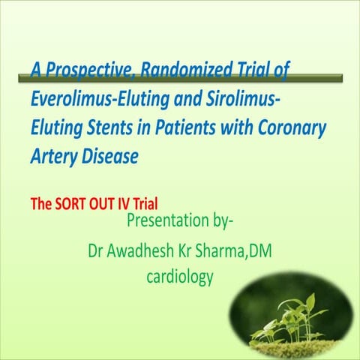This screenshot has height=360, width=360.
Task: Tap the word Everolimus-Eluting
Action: (x=100, y=98)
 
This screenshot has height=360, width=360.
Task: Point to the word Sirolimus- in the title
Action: (x=243, y=97)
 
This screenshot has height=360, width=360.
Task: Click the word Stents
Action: (x=109, y=127)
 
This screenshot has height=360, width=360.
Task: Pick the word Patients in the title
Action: (x=185, y=127)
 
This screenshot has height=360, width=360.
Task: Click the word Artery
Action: (x=54, y=157)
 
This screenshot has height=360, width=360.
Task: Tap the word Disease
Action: (x=110, y=156)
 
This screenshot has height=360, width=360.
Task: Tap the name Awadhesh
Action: (x=140, y=250)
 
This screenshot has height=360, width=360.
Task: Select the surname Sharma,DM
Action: (x=233, y=250)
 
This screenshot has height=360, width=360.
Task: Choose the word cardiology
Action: (x=180, y=277)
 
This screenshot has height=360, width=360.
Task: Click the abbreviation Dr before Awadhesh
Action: (x=95, y=251)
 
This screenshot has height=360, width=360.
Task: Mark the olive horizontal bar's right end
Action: (x=342, y=78)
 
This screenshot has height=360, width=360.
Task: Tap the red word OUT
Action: (x=102, y=204)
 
